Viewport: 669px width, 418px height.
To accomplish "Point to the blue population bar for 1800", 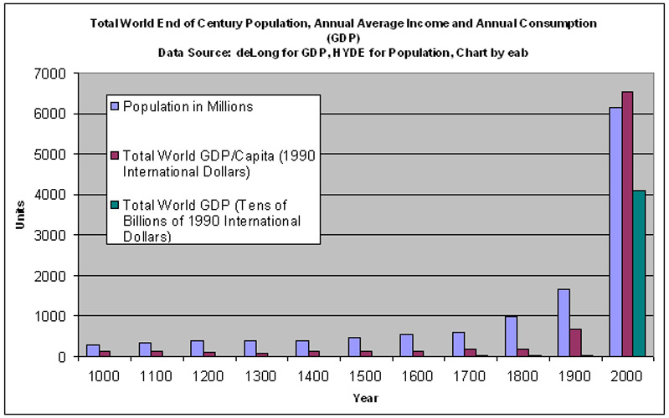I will tap(511, 336).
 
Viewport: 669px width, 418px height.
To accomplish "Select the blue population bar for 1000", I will tap(93, 350).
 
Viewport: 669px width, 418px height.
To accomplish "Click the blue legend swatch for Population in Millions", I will tap(116, 106).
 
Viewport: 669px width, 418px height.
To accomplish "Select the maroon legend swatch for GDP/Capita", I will tap(116, 155).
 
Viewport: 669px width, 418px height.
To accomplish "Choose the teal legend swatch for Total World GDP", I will tap(116, 204).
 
